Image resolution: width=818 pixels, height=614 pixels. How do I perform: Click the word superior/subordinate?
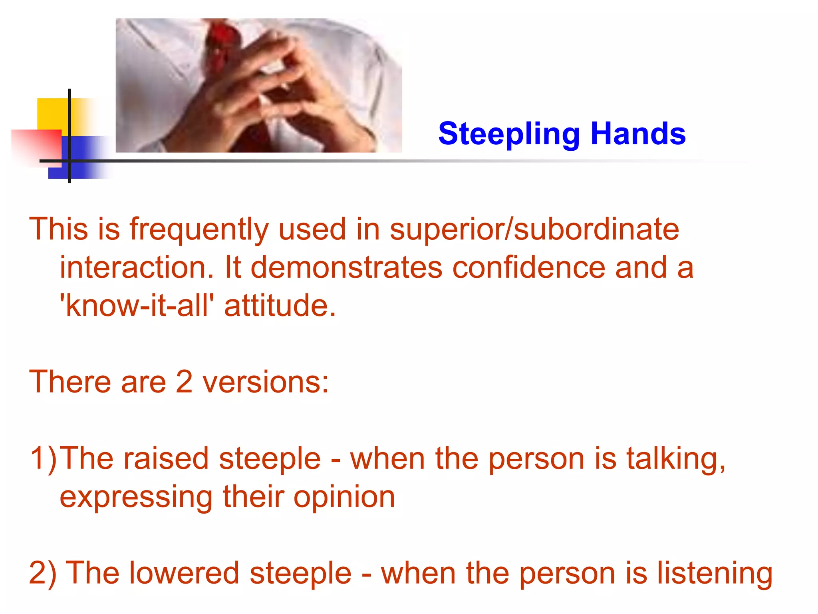[534, 230]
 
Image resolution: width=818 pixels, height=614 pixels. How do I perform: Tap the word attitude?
[280, 306]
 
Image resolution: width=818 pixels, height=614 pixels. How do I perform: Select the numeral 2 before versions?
[184, 382]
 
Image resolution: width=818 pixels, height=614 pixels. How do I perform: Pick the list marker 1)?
[43, 459]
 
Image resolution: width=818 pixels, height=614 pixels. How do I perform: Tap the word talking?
[675, 459]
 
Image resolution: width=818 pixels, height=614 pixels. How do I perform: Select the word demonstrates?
[346, 267]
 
